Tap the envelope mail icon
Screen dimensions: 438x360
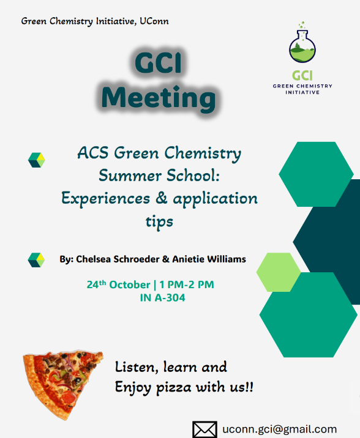[205, 429]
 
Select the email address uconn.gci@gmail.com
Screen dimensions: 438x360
[280, 429]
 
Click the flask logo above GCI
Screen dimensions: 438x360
[304, 43]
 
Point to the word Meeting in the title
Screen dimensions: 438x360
[159, 98]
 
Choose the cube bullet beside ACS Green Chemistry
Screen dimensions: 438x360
[37, 160]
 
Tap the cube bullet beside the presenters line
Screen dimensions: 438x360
[37, 259]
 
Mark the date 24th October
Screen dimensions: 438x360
[118, 284]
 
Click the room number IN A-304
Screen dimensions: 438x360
[162, 299]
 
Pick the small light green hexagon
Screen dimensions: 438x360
[278, 272]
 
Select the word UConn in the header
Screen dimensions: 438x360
[152, 21]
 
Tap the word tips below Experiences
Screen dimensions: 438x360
[159, 221]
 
